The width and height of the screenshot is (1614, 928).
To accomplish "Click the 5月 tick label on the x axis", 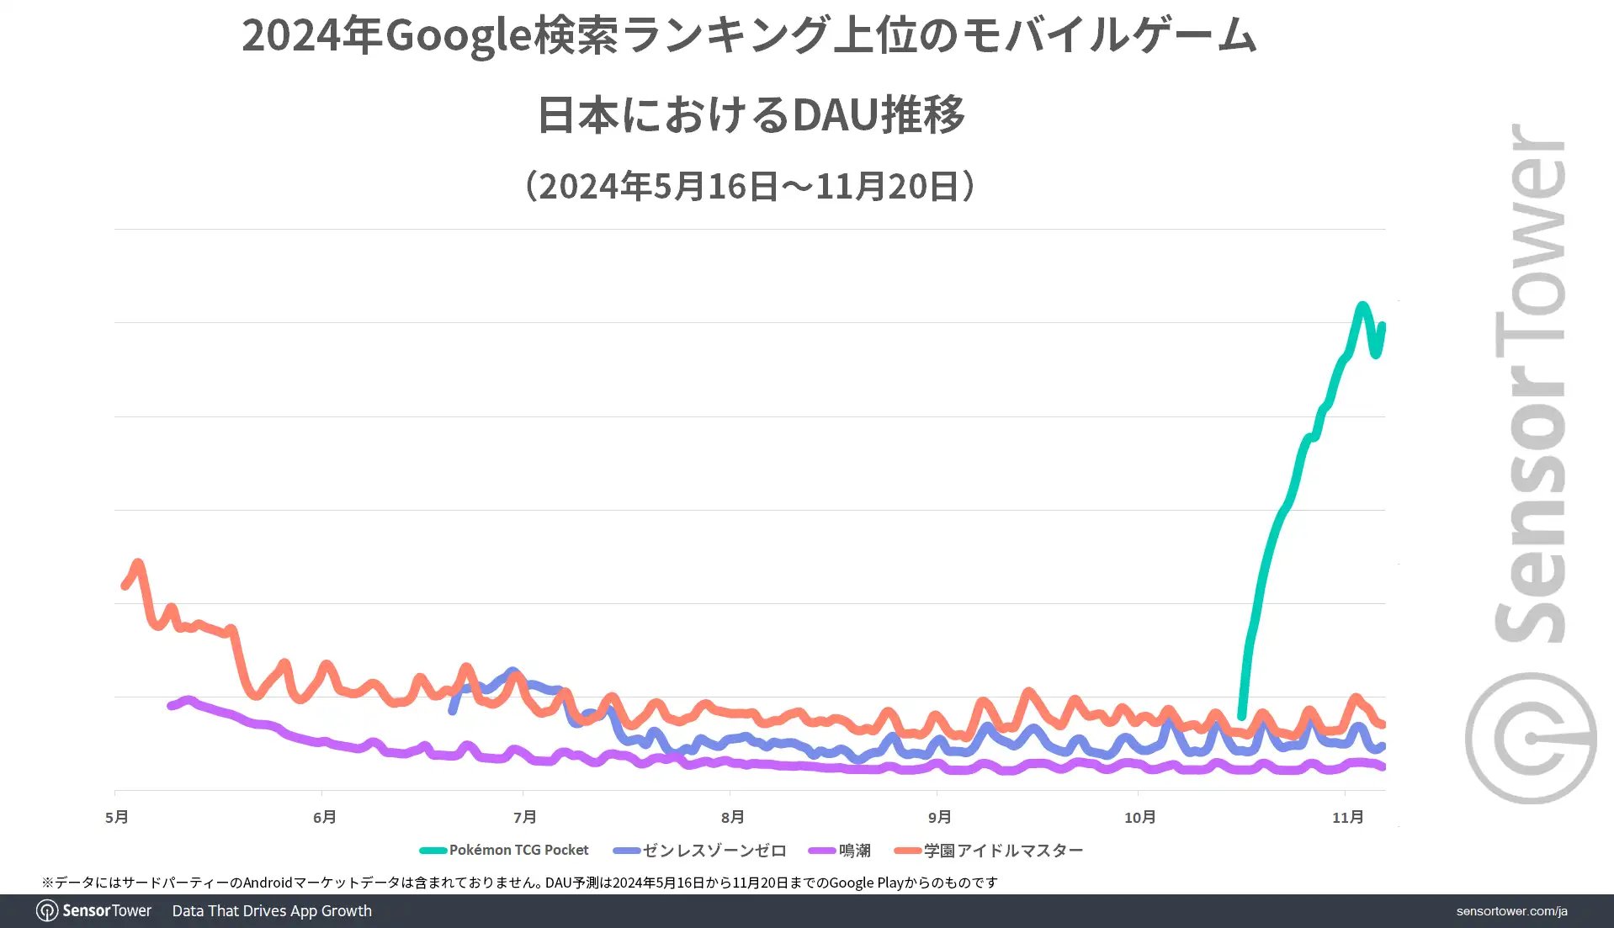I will point(117,817).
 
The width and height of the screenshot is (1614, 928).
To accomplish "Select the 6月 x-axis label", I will point(324,817).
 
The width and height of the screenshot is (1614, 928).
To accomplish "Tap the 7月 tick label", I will point(524,817).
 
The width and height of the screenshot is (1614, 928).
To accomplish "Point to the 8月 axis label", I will point(732,817).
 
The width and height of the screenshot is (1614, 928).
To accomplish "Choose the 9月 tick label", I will point(939,817).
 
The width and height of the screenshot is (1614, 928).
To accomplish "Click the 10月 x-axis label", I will point(1139,817).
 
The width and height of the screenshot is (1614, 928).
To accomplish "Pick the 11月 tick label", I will point(1347,817).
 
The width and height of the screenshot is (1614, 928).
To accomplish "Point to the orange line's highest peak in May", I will point(138,562).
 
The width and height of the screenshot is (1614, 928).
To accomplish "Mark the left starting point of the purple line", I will point(171,706).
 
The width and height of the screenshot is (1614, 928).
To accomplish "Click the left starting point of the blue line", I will point(453,711).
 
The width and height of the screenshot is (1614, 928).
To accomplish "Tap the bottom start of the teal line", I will point(1241,716).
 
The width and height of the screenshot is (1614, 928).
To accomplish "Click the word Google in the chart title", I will point(458,35).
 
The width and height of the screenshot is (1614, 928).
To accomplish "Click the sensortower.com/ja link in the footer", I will point(1511,911).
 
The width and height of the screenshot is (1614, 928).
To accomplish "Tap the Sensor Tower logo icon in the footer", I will point(47,911).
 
